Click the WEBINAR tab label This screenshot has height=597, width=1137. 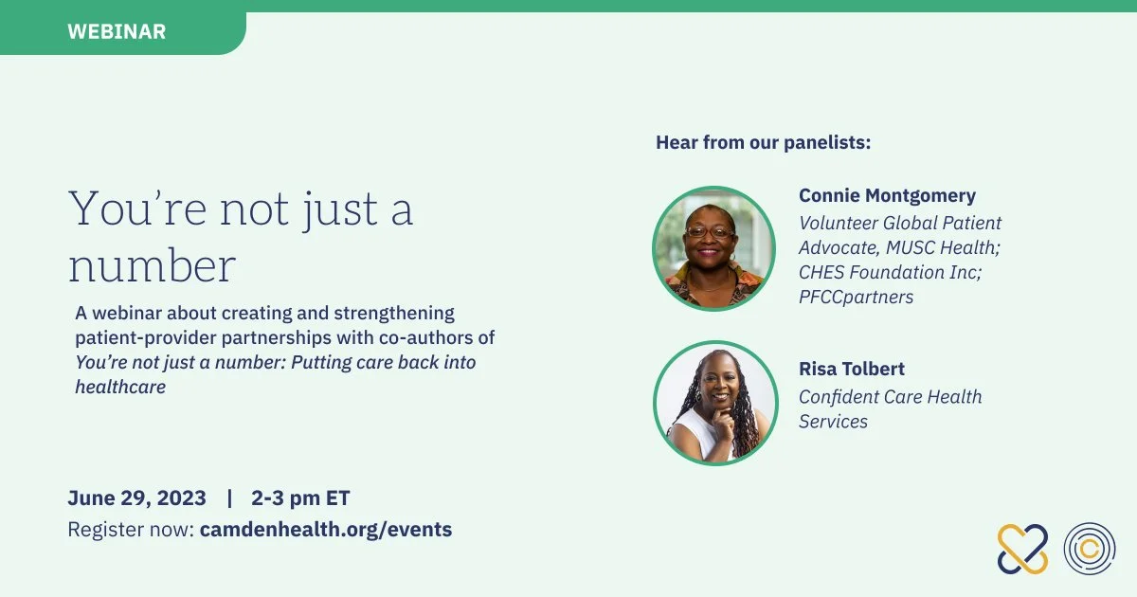tap(117, 31)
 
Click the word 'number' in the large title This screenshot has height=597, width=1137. tap(153, 265)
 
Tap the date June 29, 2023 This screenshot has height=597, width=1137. tap(137, 498)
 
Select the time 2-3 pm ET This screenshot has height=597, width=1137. tap(300, 498)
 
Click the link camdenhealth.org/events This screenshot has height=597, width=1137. tap(326, 530)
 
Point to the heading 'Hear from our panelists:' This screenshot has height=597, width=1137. tap(764, 143)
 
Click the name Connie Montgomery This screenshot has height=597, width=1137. tap(887, 196)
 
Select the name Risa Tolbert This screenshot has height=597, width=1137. tap(852, 369)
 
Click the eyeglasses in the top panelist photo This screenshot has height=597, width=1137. tap(710, 232)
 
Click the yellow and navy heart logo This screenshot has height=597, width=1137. tap(1022, 549)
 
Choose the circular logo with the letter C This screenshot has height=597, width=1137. tap(1090, 549)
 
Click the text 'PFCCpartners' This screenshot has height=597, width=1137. tap(857, 297)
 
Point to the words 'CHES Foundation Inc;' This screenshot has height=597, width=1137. tap(891, 272)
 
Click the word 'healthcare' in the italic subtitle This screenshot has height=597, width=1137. tap(121, 387)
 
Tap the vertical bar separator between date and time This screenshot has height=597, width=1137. tap(230, 498)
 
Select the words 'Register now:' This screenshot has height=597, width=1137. tap(131, 530)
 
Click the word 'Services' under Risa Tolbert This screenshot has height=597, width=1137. tap(834, 422)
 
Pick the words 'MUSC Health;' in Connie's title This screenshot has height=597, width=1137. tap(943, 247)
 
